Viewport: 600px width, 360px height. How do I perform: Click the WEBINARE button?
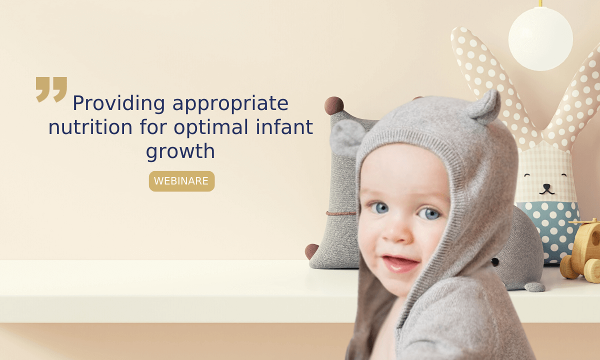(181, 181)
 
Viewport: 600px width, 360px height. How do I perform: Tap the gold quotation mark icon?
(51, 89)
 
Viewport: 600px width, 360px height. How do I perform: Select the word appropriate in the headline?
(230, 103)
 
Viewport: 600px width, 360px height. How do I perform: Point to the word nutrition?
(90, 127)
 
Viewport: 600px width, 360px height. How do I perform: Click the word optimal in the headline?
(211, 127)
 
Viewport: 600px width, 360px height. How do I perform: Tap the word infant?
(284, 126)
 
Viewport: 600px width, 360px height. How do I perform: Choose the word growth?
(180, 151)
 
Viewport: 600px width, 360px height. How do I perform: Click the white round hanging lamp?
(540, 39)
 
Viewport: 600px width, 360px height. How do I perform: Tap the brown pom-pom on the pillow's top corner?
(334, 105)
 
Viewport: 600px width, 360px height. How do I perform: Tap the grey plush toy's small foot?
(534, 287)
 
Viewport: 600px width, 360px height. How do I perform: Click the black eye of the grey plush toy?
(495, 262)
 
